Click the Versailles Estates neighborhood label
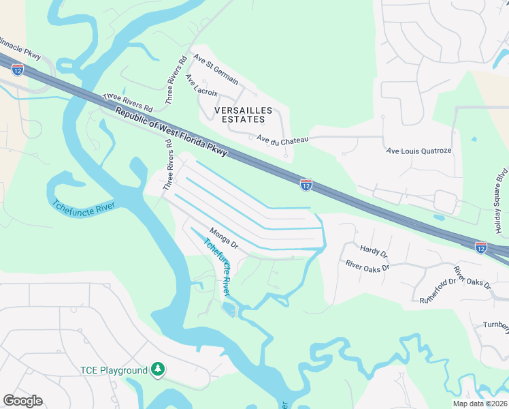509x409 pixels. pyautogui.click(x=243, y=115)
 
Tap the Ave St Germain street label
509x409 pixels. pyautogui.click(x=216, y=70)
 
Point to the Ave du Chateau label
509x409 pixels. pyautogui.click(x=283, y=139)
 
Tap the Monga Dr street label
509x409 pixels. pyautogui.click(x=224, y=239)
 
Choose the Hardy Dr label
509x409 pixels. pyautogui.click(x=374, y=252)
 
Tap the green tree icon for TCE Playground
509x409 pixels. pyautogui.click(x=158, y=369)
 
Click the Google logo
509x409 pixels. pyautogui.click(x=23, y=401)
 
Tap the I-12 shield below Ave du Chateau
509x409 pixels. pyautogui.click(x=306, y=184)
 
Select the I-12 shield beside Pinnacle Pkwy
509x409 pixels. pyautogui.click(x=18, y=69)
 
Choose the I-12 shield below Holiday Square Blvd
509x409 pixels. pyautogui.click(x=481, y=246)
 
